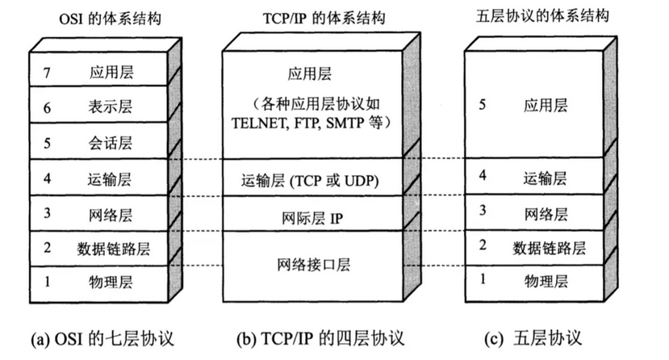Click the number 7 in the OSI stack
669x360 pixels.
tap(48, 71)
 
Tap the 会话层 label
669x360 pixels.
tap(111, 144)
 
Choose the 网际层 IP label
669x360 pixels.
tap(312, 216)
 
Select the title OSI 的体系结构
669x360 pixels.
tap(108, 18)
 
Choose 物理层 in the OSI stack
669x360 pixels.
tap(111, 282)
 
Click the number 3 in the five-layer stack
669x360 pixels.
tap(483, 212)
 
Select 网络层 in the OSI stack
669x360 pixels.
tap(111, 215)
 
